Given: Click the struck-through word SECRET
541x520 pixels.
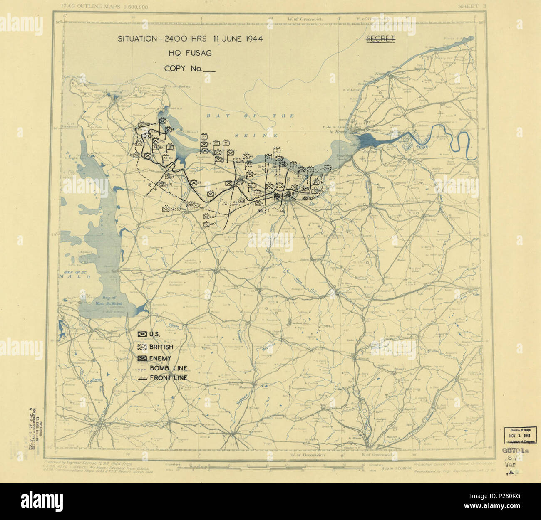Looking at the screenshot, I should (x=380, y=39).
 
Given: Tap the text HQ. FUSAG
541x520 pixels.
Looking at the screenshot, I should (x=190, y=53).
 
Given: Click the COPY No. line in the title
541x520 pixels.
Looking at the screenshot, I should (x=190, y=69).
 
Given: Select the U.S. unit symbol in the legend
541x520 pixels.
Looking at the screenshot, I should (x=142, y=334).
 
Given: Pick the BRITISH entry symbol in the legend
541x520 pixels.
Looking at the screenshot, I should (x=142, y=347).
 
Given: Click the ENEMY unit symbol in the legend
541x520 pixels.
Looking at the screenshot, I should (x=142, y=358).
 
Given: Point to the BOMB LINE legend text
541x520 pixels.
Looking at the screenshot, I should (x=168, y=368).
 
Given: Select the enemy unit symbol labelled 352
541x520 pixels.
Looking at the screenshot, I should (x=206, y=217).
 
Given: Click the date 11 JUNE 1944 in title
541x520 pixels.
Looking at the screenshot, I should (x=238, y=39).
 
